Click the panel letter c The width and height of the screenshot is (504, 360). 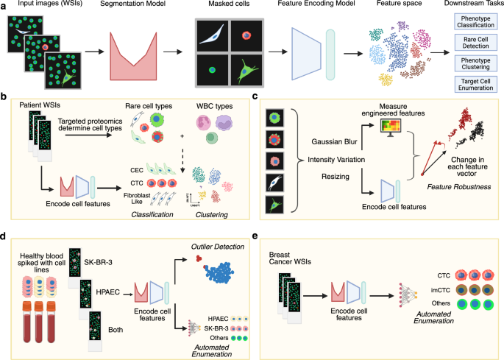pyautogui.click(x=255, y=96)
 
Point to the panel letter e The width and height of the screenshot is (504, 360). pyautogui.click(x=255, y=237)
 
